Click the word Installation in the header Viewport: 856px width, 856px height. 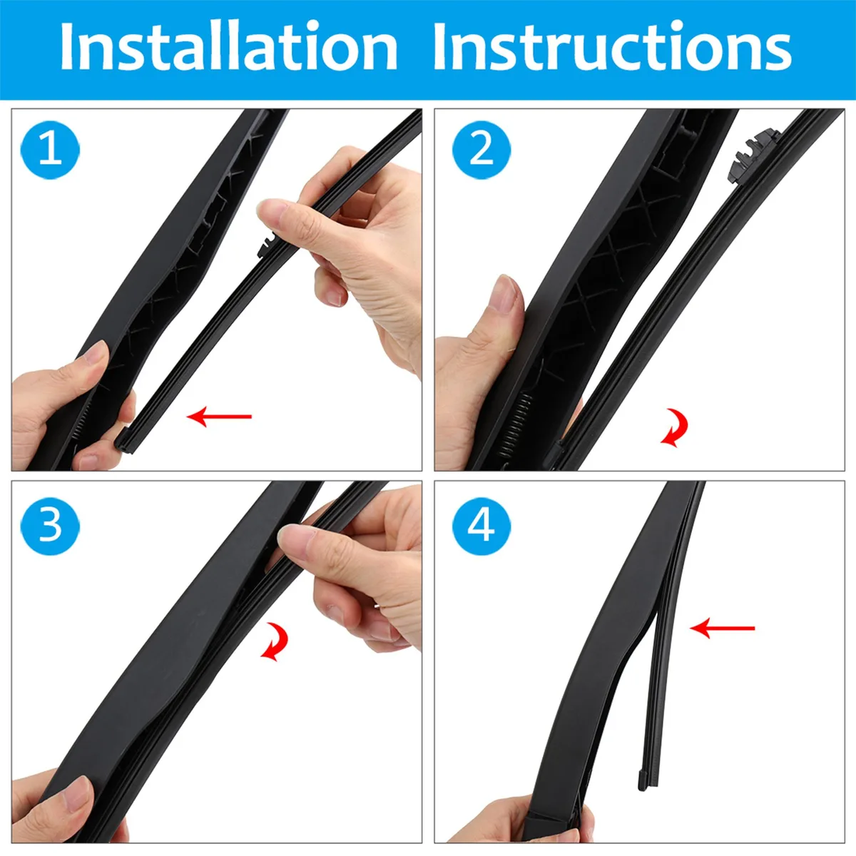[x=229, y=46]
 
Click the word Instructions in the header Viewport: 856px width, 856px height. [x=611, y=46]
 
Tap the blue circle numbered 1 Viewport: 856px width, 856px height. [x=50, y=150]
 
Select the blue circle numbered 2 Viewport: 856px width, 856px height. [x=481, y=150]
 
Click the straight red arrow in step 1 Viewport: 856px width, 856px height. [x=220, y=417]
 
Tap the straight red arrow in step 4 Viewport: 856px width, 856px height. [x=723, y=628]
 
